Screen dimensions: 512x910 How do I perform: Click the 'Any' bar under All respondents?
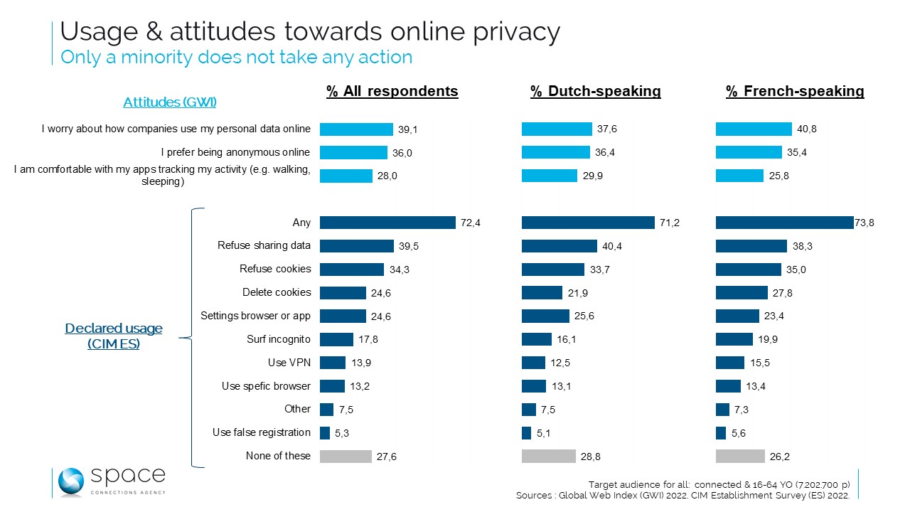(x=387, y=223)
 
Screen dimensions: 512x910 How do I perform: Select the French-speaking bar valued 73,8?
(x=784, y=223)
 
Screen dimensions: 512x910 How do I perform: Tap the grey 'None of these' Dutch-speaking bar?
(x=548, y=456)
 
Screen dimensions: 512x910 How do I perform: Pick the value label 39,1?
(x=407, y=129)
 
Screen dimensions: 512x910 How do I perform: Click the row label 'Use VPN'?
(x=289, y=363)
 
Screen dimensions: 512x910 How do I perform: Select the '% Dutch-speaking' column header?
(x=596, y=91)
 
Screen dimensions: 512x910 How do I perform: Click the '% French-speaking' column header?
(x=795, y=91)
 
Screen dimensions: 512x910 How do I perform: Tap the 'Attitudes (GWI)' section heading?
(x=170, y=102)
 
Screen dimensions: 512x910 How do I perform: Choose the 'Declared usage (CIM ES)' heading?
(x=114, y=336)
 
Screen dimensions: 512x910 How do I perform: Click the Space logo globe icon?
(x=71, y=482)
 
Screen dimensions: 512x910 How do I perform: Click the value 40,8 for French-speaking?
(x=807, y=129)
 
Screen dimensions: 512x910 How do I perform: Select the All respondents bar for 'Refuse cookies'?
(x=351, y=270)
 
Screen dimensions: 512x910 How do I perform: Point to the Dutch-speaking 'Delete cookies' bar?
(x=542, y=292)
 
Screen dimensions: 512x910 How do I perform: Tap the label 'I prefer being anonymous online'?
(x=236, y=152)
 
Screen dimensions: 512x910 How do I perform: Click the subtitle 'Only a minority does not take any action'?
(x=236, y=57)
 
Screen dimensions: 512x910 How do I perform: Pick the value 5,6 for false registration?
(x=738, y=433)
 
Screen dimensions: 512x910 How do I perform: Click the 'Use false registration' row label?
(x=262, y=432)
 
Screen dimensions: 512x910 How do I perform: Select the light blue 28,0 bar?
(x=346, y=176)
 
